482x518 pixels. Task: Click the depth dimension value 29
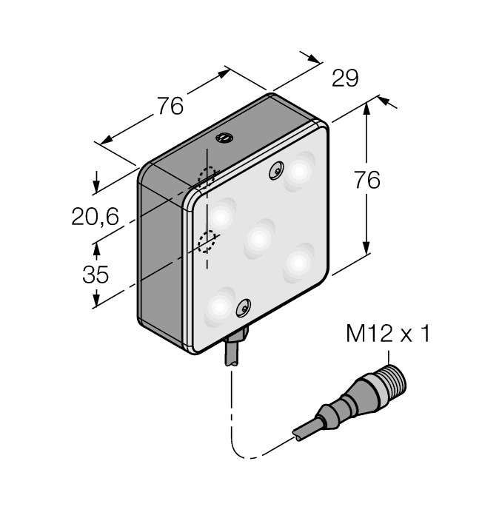pyautogui.click(x=345, y=78)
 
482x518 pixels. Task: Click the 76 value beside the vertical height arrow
pyautogui.click(x=366, y=180)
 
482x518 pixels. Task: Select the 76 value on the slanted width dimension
pyautogui.click(x=169, y=107)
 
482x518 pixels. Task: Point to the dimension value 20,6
pyautogui.click(x=95, y=216)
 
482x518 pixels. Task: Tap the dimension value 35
pyautogui.click(x=95, y=275)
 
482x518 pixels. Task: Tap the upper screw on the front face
pyautogui.click(x=276, y=170)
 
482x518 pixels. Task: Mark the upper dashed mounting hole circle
pyautogui.click(x=207, y=175)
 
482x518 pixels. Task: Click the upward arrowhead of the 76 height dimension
pyautogui.click(x=367, y=107)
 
